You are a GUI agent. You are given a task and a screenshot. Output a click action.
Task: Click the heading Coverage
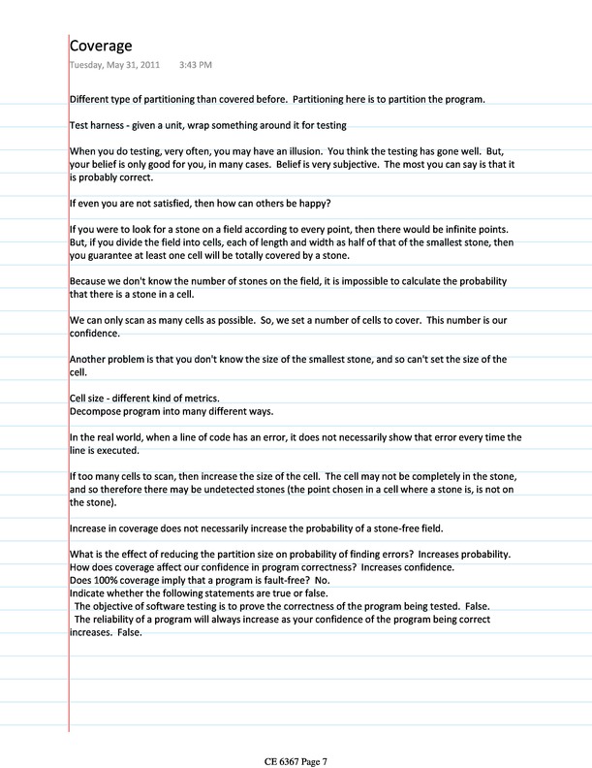point(101,46)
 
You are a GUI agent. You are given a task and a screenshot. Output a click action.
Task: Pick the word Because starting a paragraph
point(90,279)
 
